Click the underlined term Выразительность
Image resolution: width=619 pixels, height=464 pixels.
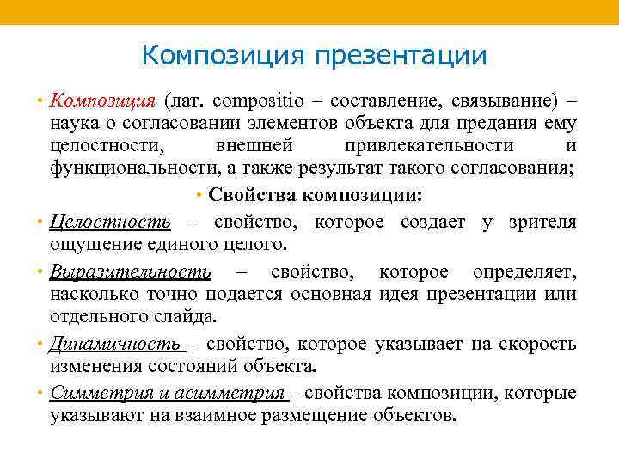(131, 272)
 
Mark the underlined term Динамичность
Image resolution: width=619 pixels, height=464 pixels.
(115, 344)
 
